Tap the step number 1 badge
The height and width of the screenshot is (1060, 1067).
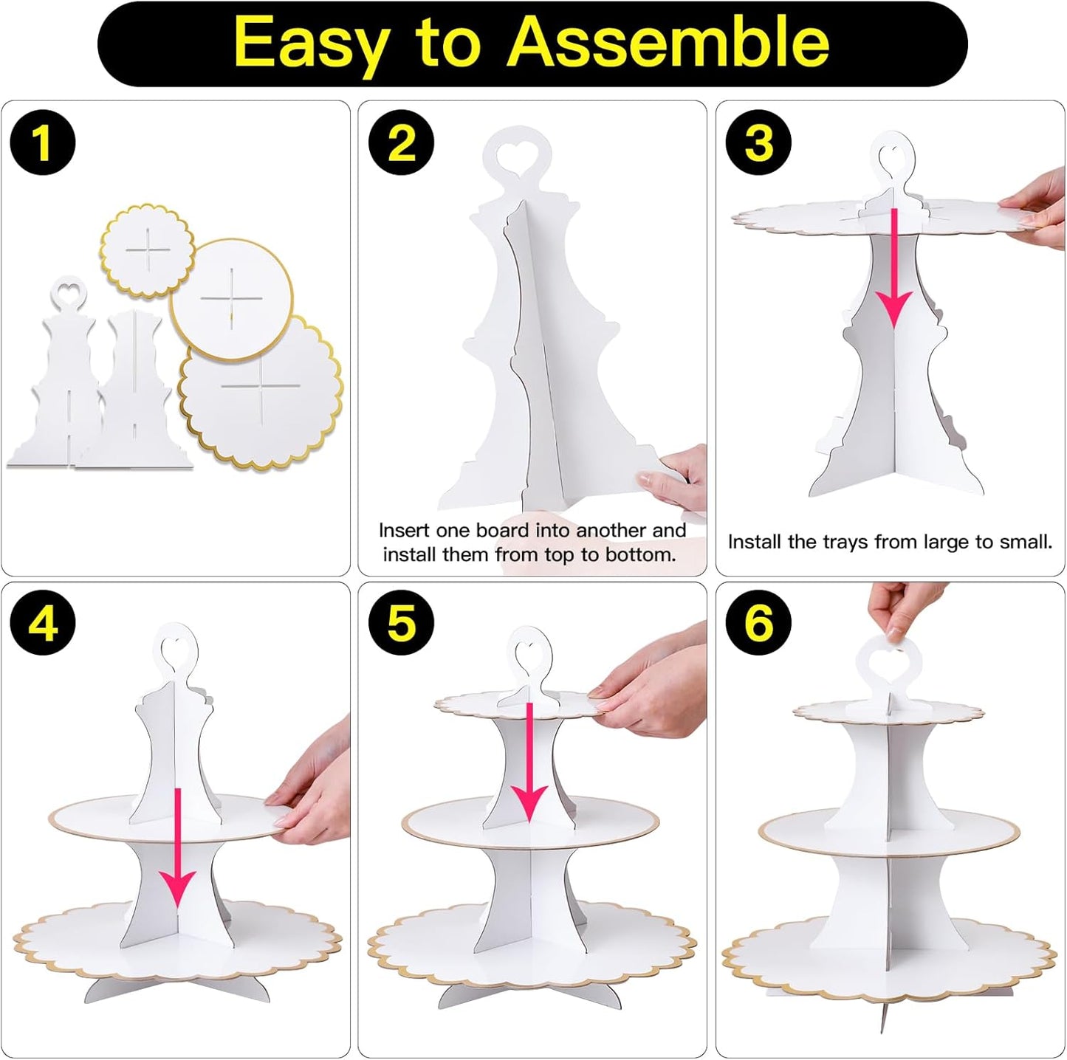tap(43, 142)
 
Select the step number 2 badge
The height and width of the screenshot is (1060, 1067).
tap(402, 142)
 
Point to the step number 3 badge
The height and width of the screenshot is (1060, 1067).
tap(759, 142)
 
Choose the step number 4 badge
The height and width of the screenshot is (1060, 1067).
tap(43, 623)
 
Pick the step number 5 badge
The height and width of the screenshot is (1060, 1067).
tap(402, 623)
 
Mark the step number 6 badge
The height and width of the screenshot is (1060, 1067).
tap(759, 623)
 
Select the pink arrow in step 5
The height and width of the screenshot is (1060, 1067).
tap(529, 763)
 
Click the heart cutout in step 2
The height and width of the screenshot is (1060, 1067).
tap(517, 154)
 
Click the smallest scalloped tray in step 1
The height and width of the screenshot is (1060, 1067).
tap(148, 251)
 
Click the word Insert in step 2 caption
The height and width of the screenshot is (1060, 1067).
tap(404, 530)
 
